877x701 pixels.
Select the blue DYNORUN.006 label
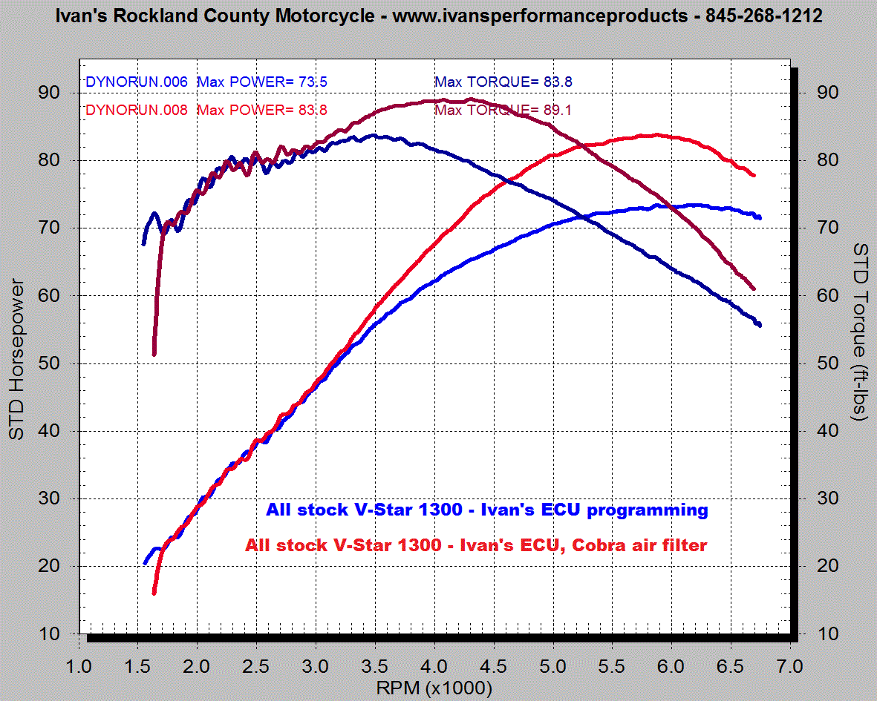tap(137, 82)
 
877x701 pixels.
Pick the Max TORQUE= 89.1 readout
tap(503, 111)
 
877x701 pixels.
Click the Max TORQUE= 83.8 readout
tap(503, 82)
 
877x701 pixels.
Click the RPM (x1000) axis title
tap(434, 688)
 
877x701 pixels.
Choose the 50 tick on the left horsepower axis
tap(50, 363)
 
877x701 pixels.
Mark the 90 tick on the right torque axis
tap(829, 93)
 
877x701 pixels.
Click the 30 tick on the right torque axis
tap(829, 498)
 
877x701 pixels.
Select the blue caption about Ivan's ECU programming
tap(486, 510)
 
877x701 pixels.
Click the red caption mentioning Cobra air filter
tap(476, 545)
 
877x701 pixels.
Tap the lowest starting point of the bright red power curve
tap(154, 593)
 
